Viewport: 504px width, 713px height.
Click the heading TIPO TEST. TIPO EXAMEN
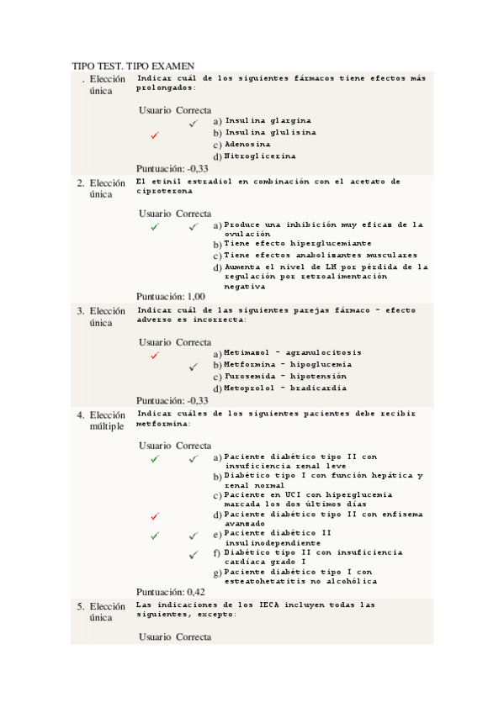[x=134, y=66]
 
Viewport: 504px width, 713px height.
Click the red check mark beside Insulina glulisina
[x=155, y=135]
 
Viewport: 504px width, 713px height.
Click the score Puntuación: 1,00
[x=170, y=296]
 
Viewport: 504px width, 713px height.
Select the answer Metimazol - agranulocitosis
[x=294, y=352]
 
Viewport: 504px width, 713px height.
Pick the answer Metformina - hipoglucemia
[x=288, y=364]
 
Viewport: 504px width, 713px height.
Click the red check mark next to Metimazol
[x=155, y=356]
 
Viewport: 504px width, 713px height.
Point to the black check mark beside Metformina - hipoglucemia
[x=193, y=367]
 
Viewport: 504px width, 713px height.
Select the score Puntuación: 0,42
[x=171, y=592]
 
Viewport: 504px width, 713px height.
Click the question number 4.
[x=80, y=415]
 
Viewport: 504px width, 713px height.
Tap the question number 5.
[x=80, y=606]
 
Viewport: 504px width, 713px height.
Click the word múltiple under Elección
[x=107, y=426]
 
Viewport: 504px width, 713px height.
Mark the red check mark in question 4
[x=155, y=516]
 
